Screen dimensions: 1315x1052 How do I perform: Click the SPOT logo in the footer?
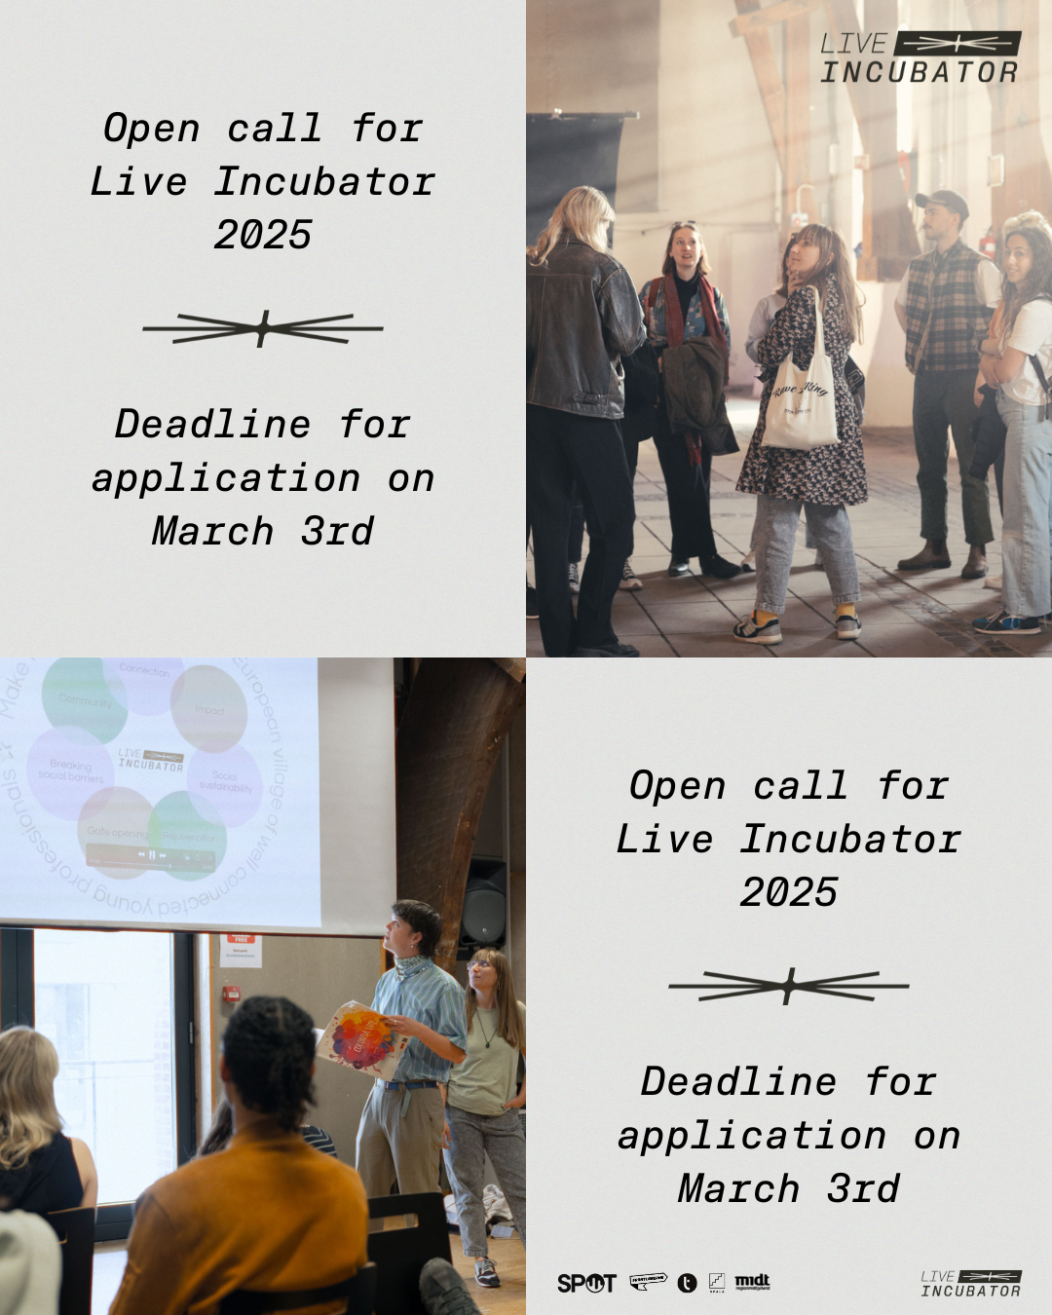point(586,1283)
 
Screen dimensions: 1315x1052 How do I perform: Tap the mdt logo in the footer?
point(752,1282)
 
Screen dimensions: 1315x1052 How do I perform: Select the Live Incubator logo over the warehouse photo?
point(920,57)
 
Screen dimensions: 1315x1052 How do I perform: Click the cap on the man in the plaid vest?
point(941,202)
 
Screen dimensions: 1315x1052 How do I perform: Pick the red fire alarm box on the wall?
point(231,994)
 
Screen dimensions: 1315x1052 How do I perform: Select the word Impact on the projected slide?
point(209,710)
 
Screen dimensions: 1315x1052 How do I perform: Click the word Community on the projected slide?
point(86,700)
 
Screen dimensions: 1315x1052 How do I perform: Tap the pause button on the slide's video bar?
point(151,854)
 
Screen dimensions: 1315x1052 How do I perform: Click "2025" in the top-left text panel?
point(263,235)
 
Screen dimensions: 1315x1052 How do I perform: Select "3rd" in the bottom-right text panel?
point(863,1188)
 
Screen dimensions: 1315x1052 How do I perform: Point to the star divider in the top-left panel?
point(263,328)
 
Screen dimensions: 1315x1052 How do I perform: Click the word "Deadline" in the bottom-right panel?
point(738,1081)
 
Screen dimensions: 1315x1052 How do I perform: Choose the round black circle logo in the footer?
point(688,1283)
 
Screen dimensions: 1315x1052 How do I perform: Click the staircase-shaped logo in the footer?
point(717,1282)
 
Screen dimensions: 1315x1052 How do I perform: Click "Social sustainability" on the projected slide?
point(225,782)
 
